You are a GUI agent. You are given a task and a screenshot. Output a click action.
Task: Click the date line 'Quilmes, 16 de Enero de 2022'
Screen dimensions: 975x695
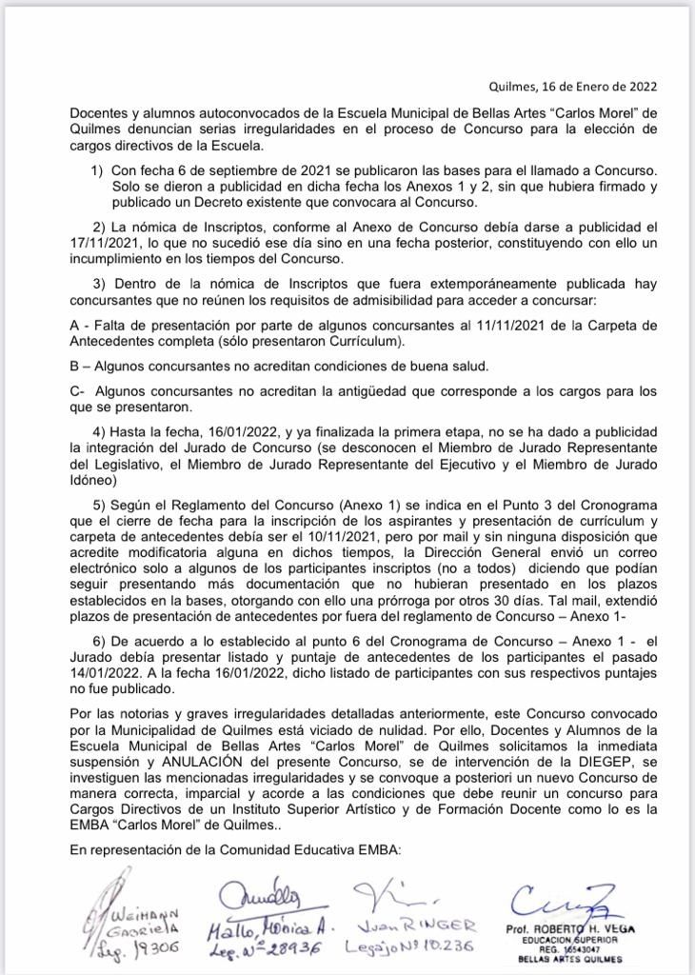coord(572,87)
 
